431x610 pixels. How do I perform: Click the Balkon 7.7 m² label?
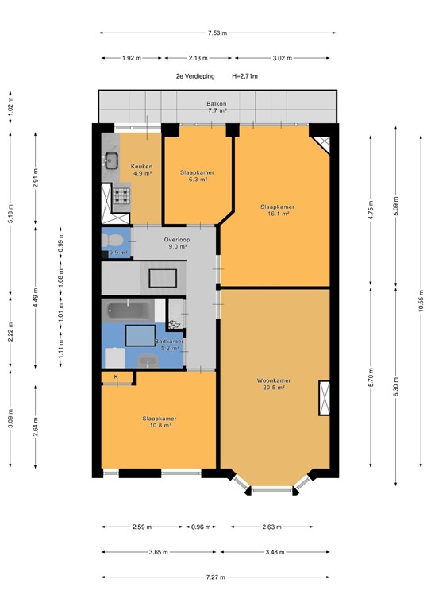(217, 107)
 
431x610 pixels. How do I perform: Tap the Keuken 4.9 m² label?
(142, 169)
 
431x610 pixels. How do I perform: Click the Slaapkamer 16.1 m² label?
(275, 210)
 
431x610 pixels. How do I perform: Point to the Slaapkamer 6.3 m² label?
(196, 176)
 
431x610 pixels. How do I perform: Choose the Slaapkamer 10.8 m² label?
(159, 422)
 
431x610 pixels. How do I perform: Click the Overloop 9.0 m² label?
(175, 243)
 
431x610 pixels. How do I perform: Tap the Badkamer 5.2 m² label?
(169, 345)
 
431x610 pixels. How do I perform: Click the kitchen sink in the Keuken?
(110, 163)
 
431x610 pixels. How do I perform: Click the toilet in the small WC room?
(114, 240)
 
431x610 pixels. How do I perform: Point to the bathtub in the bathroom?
(125, 309)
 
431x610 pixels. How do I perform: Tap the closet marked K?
(117, 377)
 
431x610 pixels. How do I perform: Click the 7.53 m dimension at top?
(217, 33)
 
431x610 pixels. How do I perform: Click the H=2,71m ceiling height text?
(245, 76)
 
